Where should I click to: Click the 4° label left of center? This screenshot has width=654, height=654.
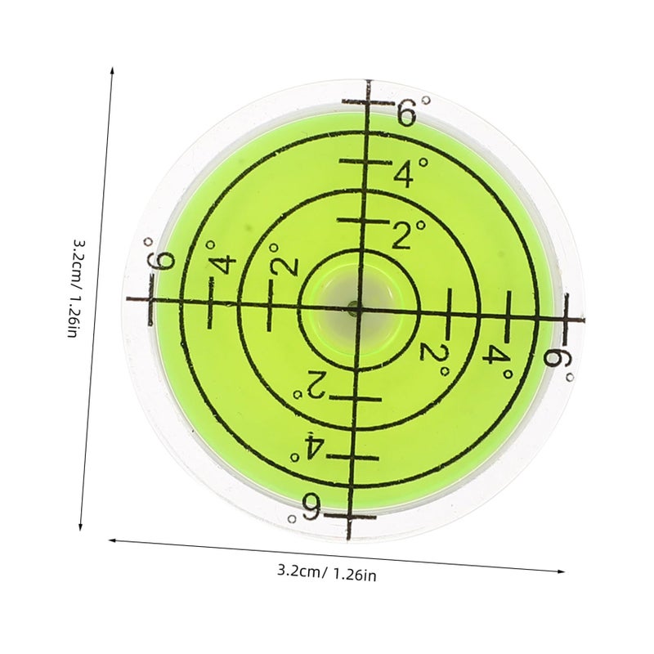(x=221, y=258)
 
